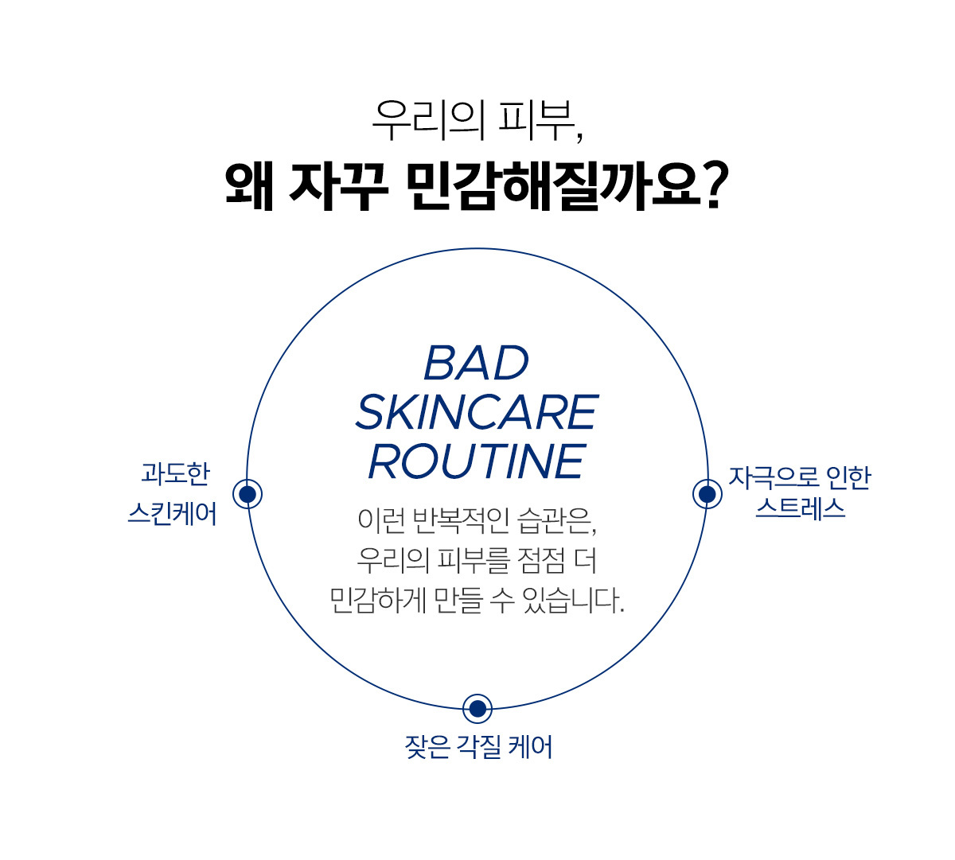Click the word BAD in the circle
click(x=477, y=363)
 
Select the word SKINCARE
click(x=477, y=412)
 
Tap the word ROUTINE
click(x=477, y=461)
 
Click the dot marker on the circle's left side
click(x=248, y=494)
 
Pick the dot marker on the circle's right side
click(x=707, y=494)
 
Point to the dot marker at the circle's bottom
click(x=477, y=709)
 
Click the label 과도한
click(x=175, y=473)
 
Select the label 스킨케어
click(x=173, y=513)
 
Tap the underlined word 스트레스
click(x=801, y=508)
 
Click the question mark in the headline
click(x=716, y=185)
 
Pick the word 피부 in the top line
click(x=536, y=120)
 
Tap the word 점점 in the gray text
click(x=537, y=560)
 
